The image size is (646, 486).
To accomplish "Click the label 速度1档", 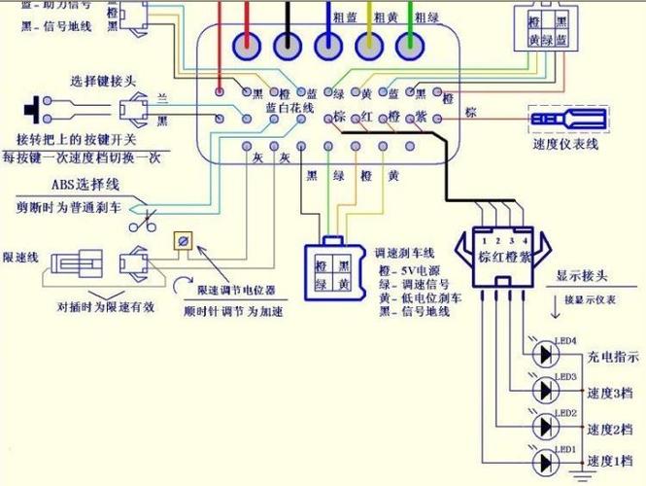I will [x=610, y=461].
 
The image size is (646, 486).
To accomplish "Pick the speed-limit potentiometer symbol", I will [x=181, y=240].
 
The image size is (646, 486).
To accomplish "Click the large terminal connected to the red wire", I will [x=245, y=45].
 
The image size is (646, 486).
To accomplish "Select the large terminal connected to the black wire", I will [x=288, y=45].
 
